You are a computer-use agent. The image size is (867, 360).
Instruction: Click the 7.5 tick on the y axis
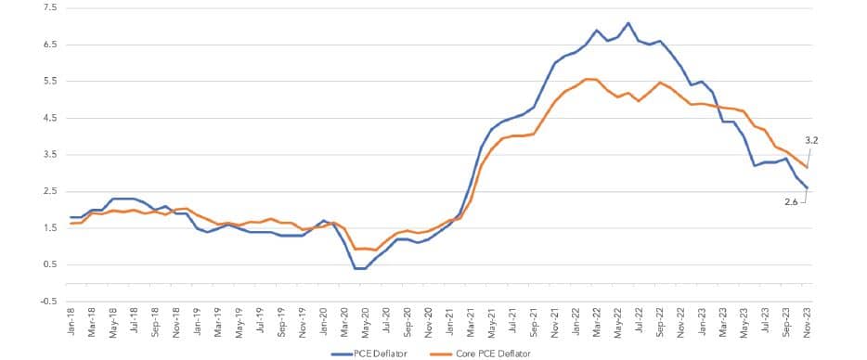(x=48, y=7)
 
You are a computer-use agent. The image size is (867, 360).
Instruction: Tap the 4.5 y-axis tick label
(x=48, y=118)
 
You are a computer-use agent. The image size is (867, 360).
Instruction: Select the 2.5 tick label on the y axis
(x=48, y=191)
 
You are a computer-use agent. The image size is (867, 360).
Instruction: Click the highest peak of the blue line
(x=628, y=22)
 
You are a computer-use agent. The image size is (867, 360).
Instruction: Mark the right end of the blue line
(x=807, y=187)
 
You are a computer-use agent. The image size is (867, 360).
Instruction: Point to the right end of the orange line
(x=807, y=166)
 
